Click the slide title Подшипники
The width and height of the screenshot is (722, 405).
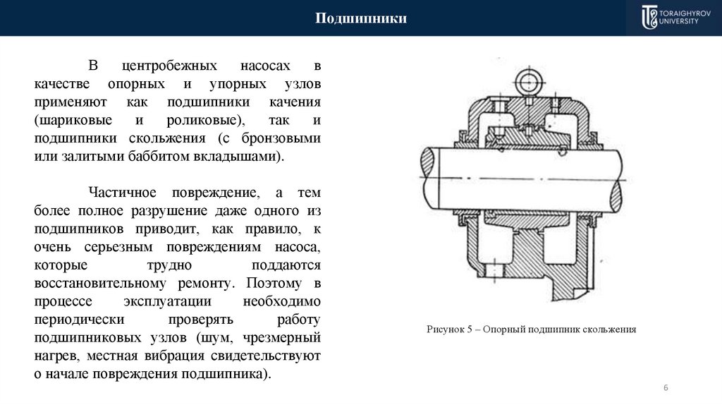pos(360,18)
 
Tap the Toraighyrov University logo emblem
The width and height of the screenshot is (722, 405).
pos(649,18)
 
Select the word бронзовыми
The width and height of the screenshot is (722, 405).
pos(280,138)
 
